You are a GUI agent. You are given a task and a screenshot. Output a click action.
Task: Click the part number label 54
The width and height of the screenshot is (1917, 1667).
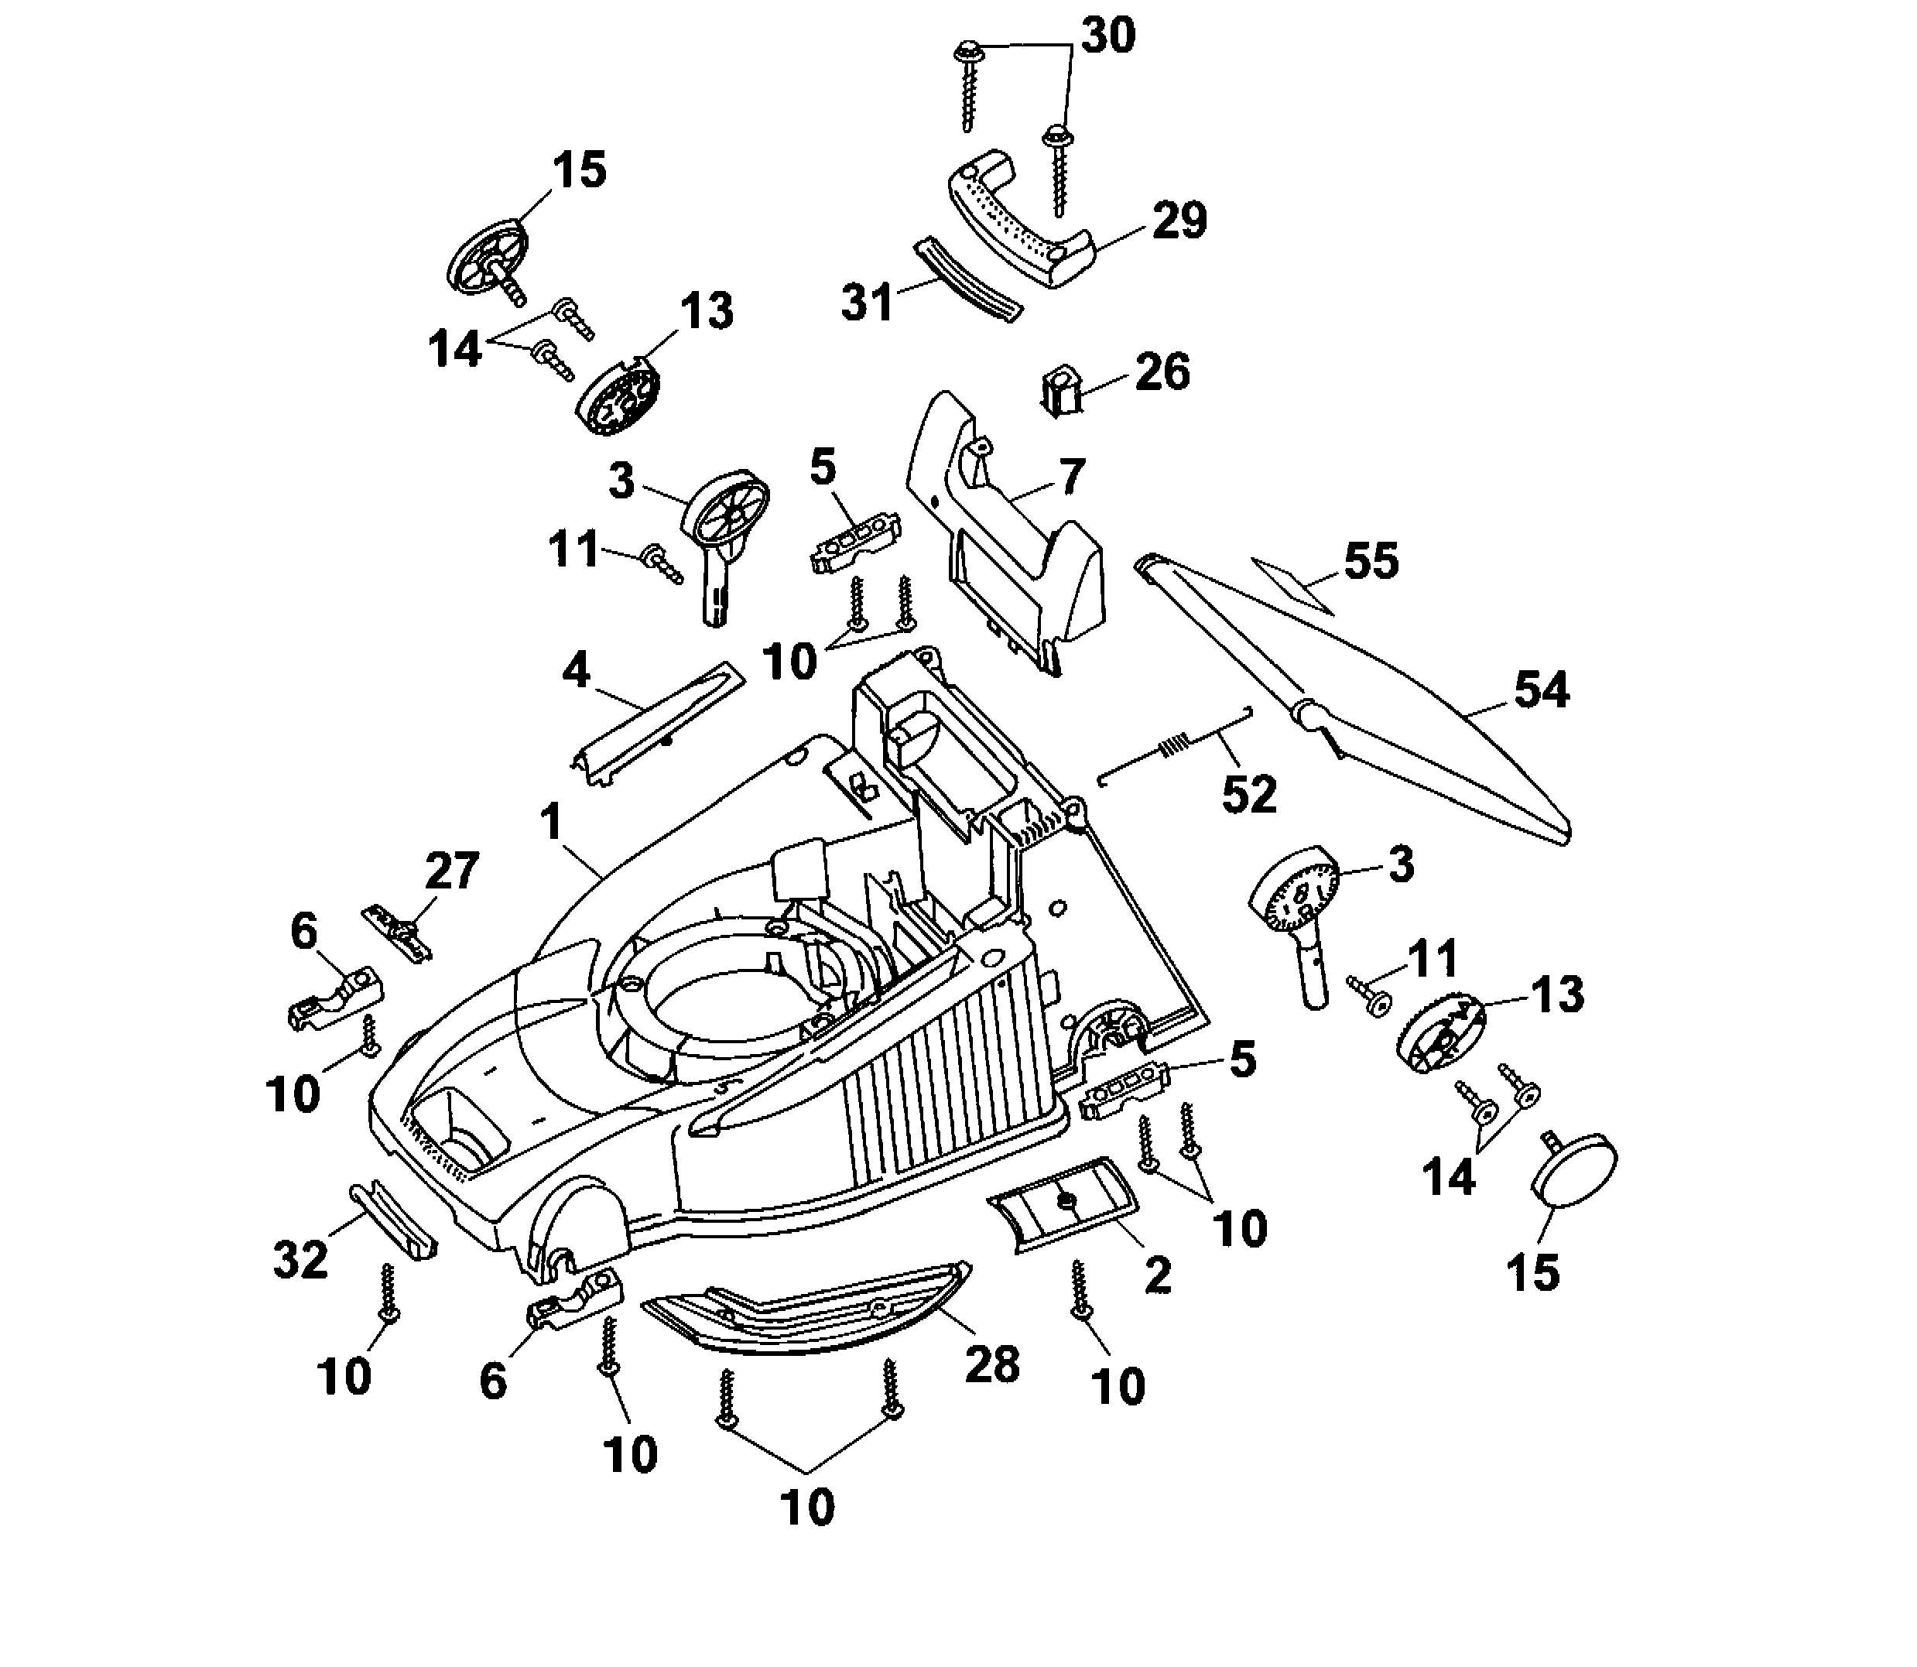pos(1541,690)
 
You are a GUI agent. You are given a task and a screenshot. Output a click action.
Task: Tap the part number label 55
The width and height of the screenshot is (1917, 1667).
pos(1371,562)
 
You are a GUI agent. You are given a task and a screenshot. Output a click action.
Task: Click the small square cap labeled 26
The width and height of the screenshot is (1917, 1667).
pos(1059,392)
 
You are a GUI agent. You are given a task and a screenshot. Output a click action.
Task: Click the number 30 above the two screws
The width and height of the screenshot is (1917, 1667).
pos(1107,36)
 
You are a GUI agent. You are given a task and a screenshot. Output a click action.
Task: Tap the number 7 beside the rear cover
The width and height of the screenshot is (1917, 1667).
pos(1072,478)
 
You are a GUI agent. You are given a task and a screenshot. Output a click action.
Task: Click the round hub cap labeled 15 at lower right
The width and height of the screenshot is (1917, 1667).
pos(1574,1169)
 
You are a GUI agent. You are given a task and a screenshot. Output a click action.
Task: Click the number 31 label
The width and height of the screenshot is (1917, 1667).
pos(867,303)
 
